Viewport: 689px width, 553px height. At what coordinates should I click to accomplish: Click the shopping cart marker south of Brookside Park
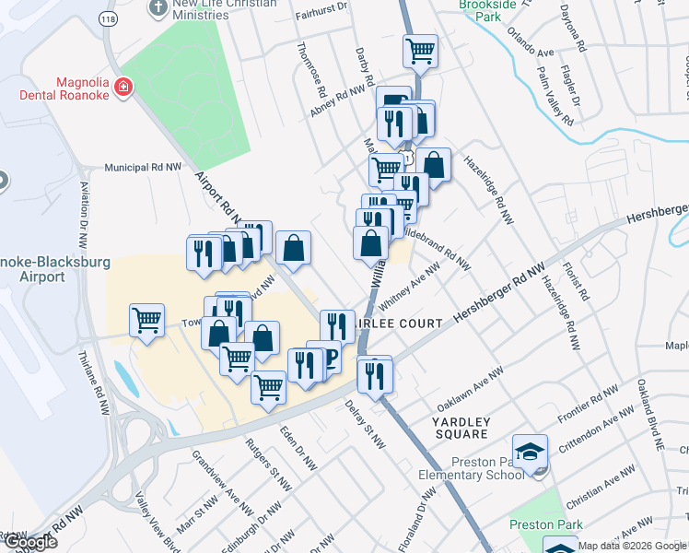pos(421,50)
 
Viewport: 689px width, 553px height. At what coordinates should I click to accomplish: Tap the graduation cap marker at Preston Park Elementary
pos(530,452)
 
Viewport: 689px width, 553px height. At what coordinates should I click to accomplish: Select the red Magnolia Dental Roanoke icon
pos(123,88)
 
